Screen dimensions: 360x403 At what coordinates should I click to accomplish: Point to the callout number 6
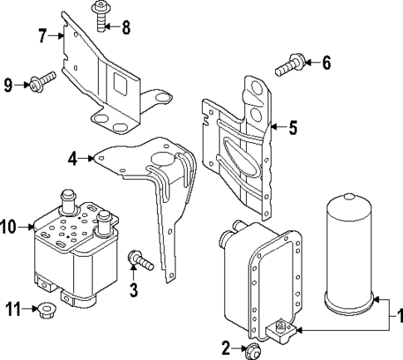[327, 62]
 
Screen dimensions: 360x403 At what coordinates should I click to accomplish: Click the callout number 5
[292, 128]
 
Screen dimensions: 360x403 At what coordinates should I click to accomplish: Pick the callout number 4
[73, 157]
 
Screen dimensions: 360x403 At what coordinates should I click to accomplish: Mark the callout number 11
[12, 309]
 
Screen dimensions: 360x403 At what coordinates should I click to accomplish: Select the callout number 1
[397, 316]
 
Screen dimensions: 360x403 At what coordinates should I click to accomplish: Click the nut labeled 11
[46, 311]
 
